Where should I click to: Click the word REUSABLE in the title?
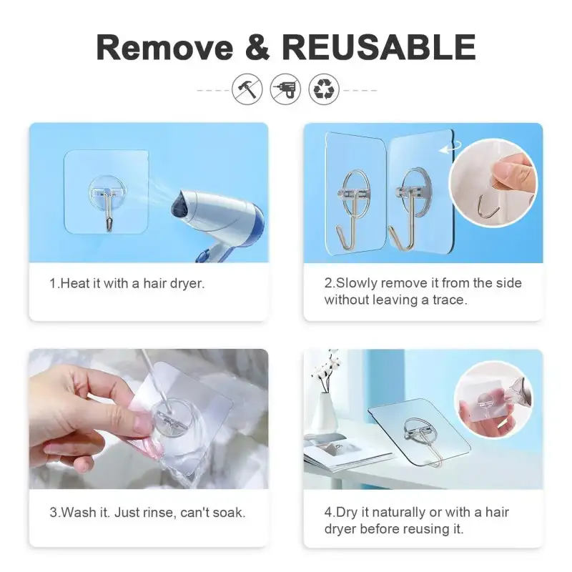tap(379, 47)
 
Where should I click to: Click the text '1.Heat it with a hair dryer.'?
tap(127, 283)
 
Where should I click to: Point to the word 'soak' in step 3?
tap(229, 513)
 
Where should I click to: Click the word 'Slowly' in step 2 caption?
tap(357, 283)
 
